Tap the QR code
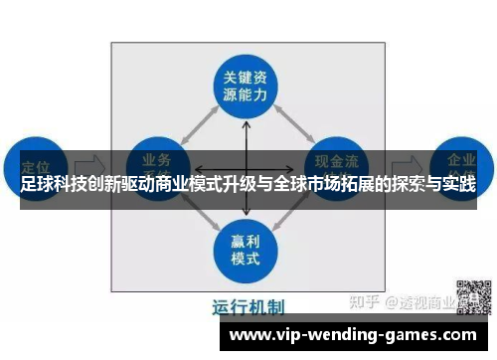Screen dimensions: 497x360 pyautogui.click(x=474, y=297)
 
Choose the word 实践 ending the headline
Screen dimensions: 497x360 pyautogui.click(x=458, y=185)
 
